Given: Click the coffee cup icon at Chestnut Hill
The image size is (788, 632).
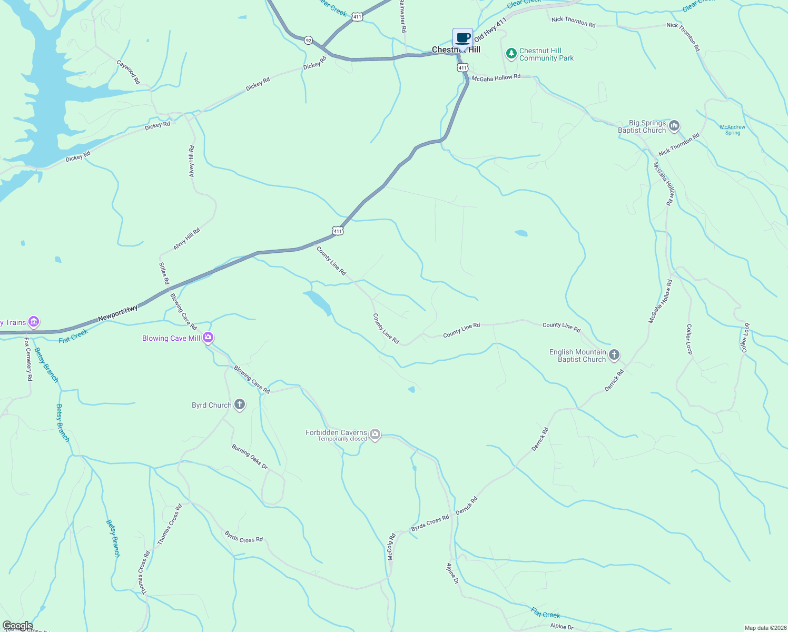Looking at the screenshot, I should [462, 38].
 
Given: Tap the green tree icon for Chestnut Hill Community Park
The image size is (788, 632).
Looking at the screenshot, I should [511, 54].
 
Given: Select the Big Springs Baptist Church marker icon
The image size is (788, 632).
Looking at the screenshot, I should [674, 126].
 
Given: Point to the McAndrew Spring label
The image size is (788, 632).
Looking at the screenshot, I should [733, 130].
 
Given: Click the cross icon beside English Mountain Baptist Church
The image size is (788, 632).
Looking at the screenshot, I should [614, 355].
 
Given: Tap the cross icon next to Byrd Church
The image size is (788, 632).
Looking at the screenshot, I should [240, 404].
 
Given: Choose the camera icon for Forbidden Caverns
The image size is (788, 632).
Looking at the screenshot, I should [375, 435].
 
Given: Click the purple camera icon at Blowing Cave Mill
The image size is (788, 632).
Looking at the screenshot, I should [208, 338].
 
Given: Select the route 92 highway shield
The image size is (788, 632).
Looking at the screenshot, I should [309, 40].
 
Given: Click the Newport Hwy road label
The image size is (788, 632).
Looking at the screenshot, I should [118, 313].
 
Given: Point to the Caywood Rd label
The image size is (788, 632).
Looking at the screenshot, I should [129, 72].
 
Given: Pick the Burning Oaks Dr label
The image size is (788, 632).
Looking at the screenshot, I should [250, 457].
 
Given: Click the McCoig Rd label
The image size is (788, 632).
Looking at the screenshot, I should [391, 547].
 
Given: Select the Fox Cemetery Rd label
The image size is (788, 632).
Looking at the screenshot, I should [28, 360].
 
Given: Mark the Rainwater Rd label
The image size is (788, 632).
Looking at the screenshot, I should [402, 16].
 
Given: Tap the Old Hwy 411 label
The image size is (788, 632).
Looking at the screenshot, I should [490, 29].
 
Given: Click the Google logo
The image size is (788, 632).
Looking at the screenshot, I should [17, 626].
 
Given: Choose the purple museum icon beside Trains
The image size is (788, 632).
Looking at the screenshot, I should [34, 321].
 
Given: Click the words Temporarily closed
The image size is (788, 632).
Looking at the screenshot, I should [342, 439].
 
